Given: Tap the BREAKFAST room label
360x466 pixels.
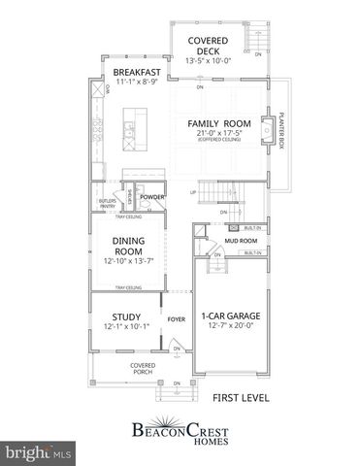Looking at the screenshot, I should (136, 72).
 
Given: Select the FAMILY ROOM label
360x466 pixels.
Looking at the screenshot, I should (219, 124).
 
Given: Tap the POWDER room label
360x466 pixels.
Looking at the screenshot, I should (150, 197).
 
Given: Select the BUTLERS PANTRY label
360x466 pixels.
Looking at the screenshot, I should (108, 203).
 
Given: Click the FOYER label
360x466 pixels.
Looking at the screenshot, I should (176, 316).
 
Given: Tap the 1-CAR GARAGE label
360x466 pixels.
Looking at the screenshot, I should (231, 316).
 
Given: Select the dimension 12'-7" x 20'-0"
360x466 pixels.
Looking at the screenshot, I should (231, 327).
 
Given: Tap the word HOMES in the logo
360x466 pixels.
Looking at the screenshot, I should (181, 437).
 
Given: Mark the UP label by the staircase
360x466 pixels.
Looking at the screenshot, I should (192, 192).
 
